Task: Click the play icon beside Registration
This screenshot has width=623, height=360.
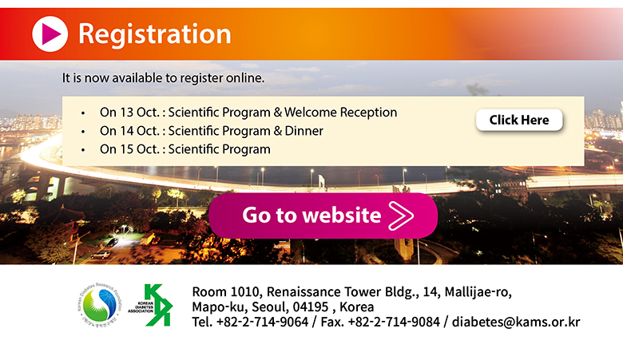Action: [50, 34]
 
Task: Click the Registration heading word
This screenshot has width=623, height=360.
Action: [155, 34]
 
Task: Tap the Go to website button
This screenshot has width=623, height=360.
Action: [323, 216]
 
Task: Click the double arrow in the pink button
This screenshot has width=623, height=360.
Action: [401, 216]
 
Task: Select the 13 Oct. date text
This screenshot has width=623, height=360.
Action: [140, 113]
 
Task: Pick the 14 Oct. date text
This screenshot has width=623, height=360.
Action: [140, 131]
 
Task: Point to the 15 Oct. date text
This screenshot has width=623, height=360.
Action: [140, 149]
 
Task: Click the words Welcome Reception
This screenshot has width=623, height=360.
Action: [340, 113]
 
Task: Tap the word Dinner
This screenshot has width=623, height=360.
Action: [304, 131]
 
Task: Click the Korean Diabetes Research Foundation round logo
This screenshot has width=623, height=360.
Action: [100, 305]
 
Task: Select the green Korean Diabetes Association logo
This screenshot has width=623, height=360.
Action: [151, 305]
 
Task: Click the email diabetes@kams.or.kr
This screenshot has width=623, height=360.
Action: [516, 322]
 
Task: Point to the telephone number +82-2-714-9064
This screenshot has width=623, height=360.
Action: [262, 322]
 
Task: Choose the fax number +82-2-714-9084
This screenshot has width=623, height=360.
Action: [394, 322]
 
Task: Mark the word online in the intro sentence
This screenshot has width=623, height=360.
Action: [245, 77]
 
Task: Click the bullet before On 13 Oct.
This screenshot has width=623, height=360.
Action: [83, 113]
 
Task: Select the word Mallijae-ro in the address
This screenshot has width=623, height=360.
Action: [478, 292]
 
